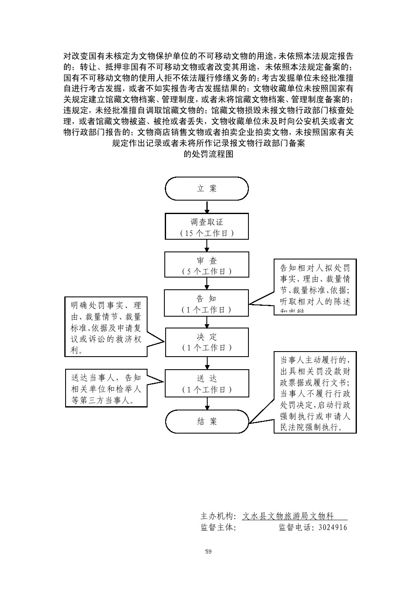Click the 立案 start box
pos(207,188)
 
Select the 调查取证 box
pos(207,227)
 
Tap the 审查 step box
pos(207,265)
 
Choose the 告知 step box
pos(207,303)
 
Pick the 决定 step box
pos(207,341)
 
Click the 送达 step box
pos(207,383)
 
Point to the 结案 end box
pos(207,421)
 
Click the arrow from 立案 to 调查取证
pos(207,207)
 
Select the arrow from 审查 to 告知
pos(207,283)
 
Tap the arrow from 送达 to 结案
pos(207,404)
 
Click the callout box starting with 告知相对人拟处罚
pos(315,287)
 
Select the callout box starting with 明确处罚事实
pos(106,327)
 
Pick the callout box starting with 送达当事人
pos(106,388)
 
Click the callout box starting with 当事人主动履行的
pos(315,392)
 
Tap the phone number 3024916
pos(333,527)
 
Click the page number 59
pos(208,551)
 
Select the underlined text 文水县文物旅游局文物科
pos(294,516)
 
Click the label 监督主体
pos(218,527)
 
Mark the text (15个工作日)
pos(207,233)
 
